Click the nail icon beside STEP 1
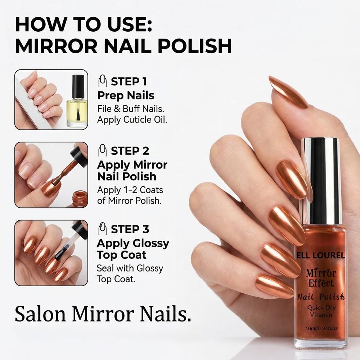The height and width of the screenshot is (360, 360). tap(103, 81)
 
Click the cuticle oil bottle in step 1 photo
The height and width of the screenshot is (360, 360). tap(77, 103)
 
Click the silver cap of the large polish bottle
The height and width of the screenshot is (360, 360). tap(321, 180)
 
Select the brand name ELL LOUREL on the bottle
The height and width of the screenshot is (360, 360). tap(321, 256)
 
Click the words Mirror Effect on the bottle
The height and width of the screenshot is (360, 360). tap(321, 278)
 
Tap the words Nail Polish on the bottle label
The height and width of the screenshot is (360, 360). tap(321, 297)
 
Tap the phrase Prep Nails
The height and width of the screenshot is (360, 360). tap(126, 96)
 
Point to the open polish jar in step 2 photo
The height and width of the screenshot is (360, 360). tap(78, 198)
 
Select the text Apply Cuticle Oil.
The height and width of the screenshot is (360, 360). tap(132, 120)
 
